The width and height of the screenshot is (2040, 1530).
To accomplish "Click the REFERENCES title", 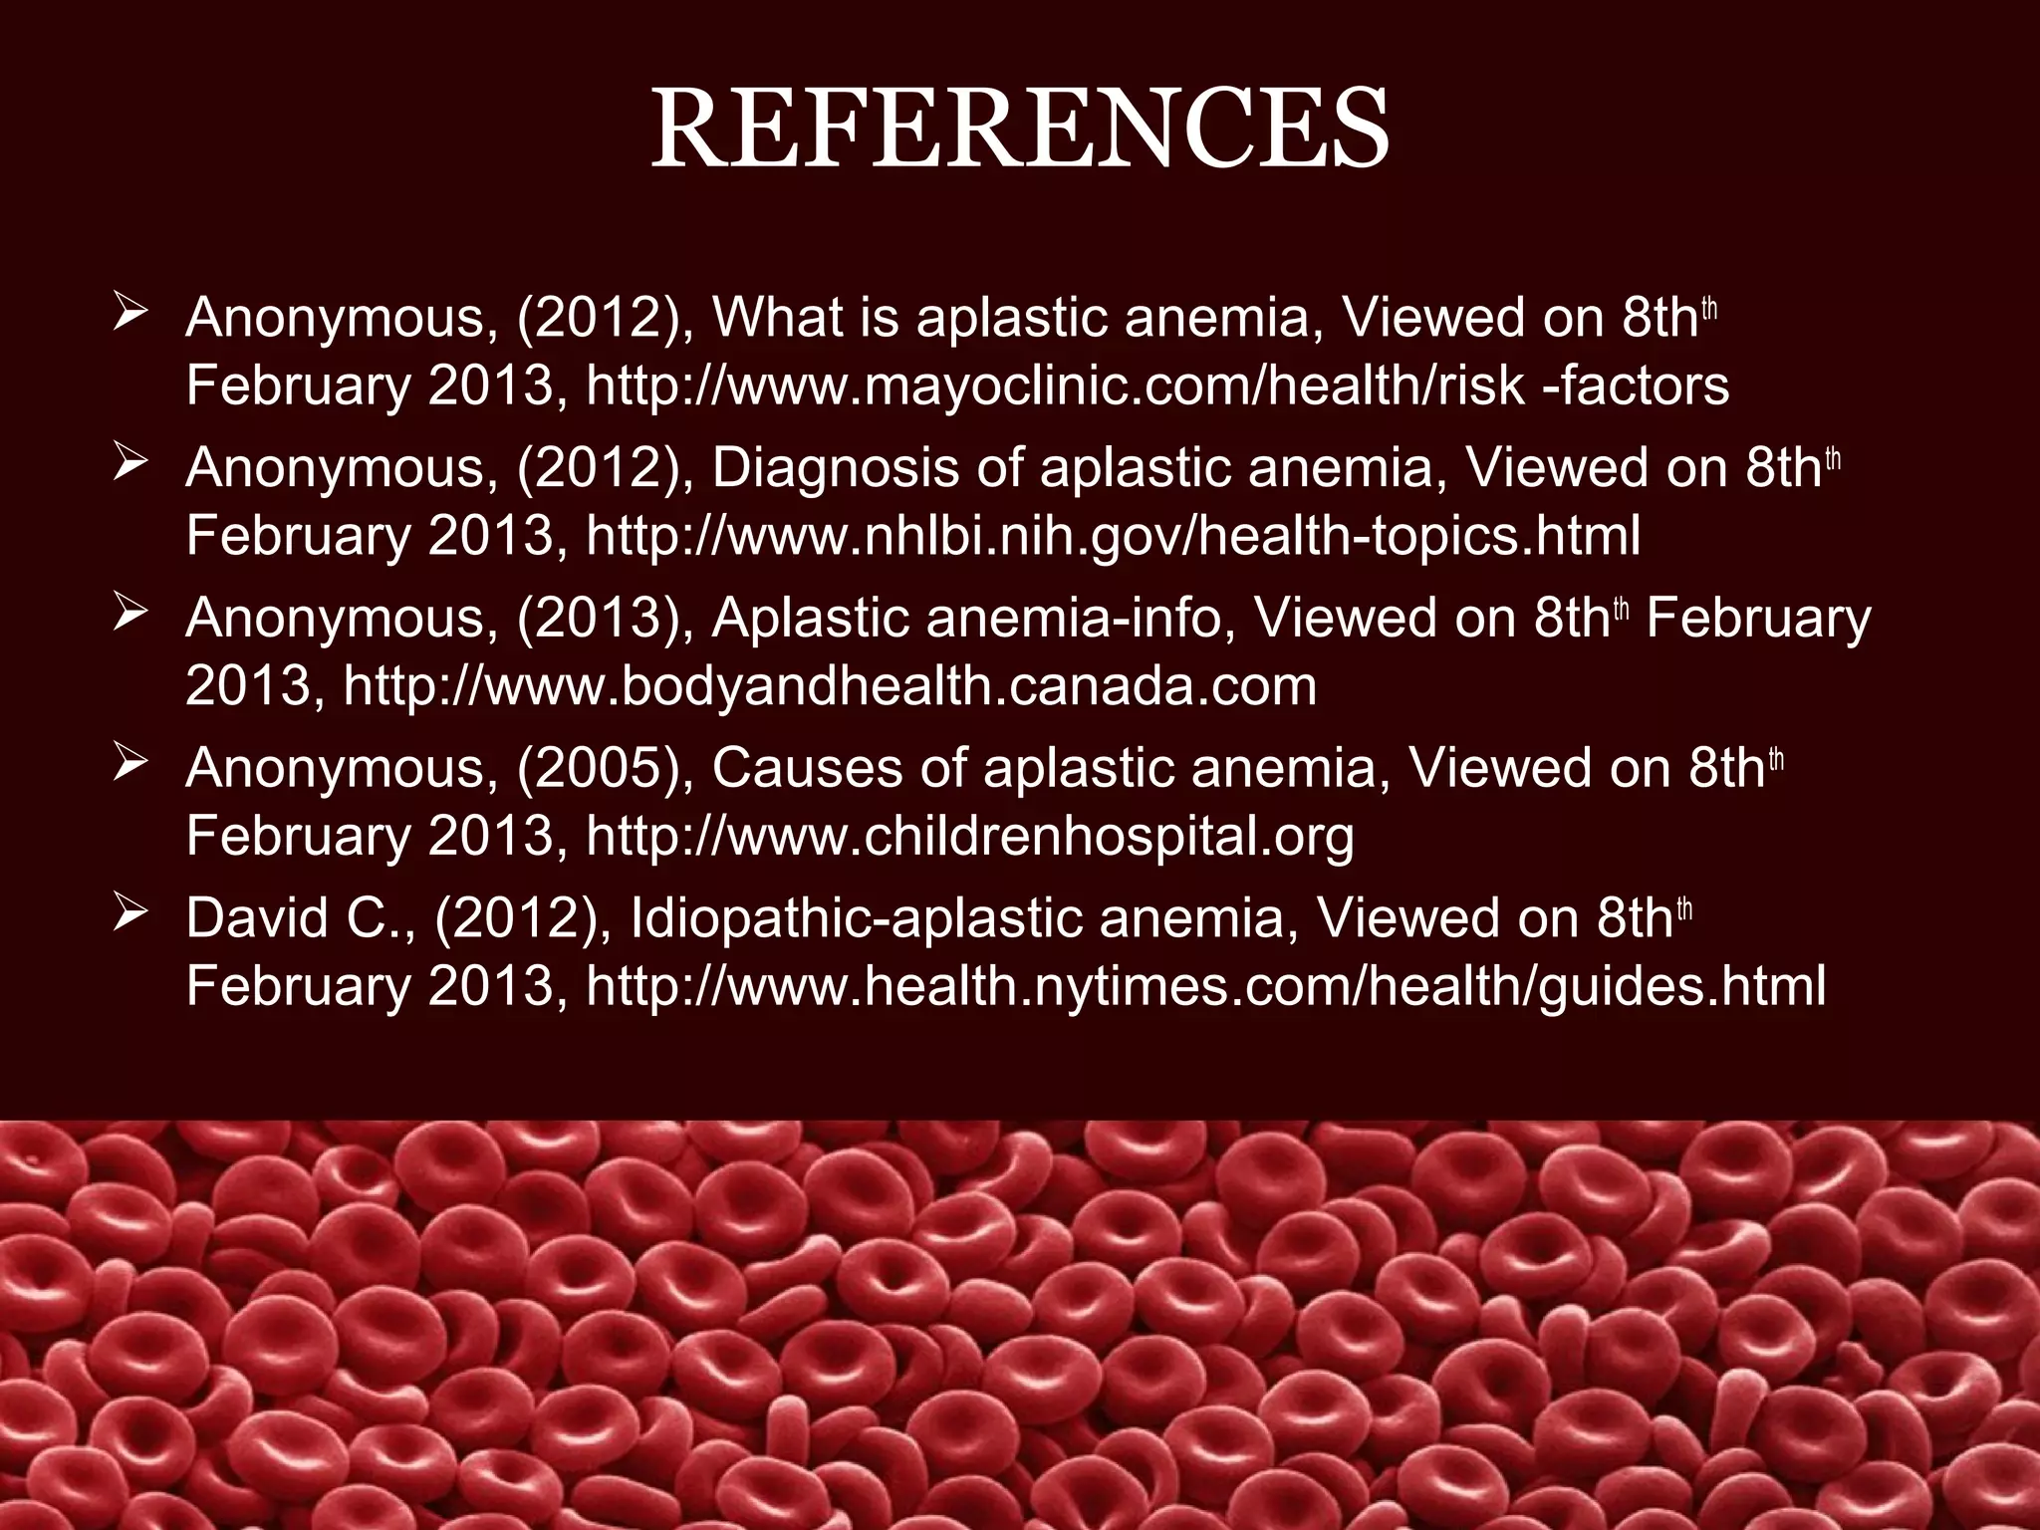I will tap(1020, 129).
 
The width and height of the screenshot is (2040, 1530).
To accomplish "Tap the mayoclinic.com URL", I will tap(1157, 386).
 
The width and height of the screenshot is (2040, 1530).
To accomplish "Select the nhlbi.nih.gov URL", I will tap(1113, 537).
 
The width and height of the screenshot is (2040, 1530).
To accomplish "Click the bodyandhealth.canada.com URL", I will tap(830, 687).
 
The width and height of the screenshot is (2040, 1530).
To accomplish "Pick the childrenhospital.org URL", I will tap(969, 837).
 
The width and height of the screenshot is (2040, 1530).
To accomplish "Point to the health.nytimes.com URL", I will tap(1205, 987).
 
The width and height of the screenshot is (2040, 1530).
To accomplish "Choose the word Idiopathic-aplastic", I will tap(856, 918).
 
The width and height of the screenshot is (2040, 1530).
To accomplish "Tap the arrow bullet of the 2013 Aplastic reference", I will tap(130, 613).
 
